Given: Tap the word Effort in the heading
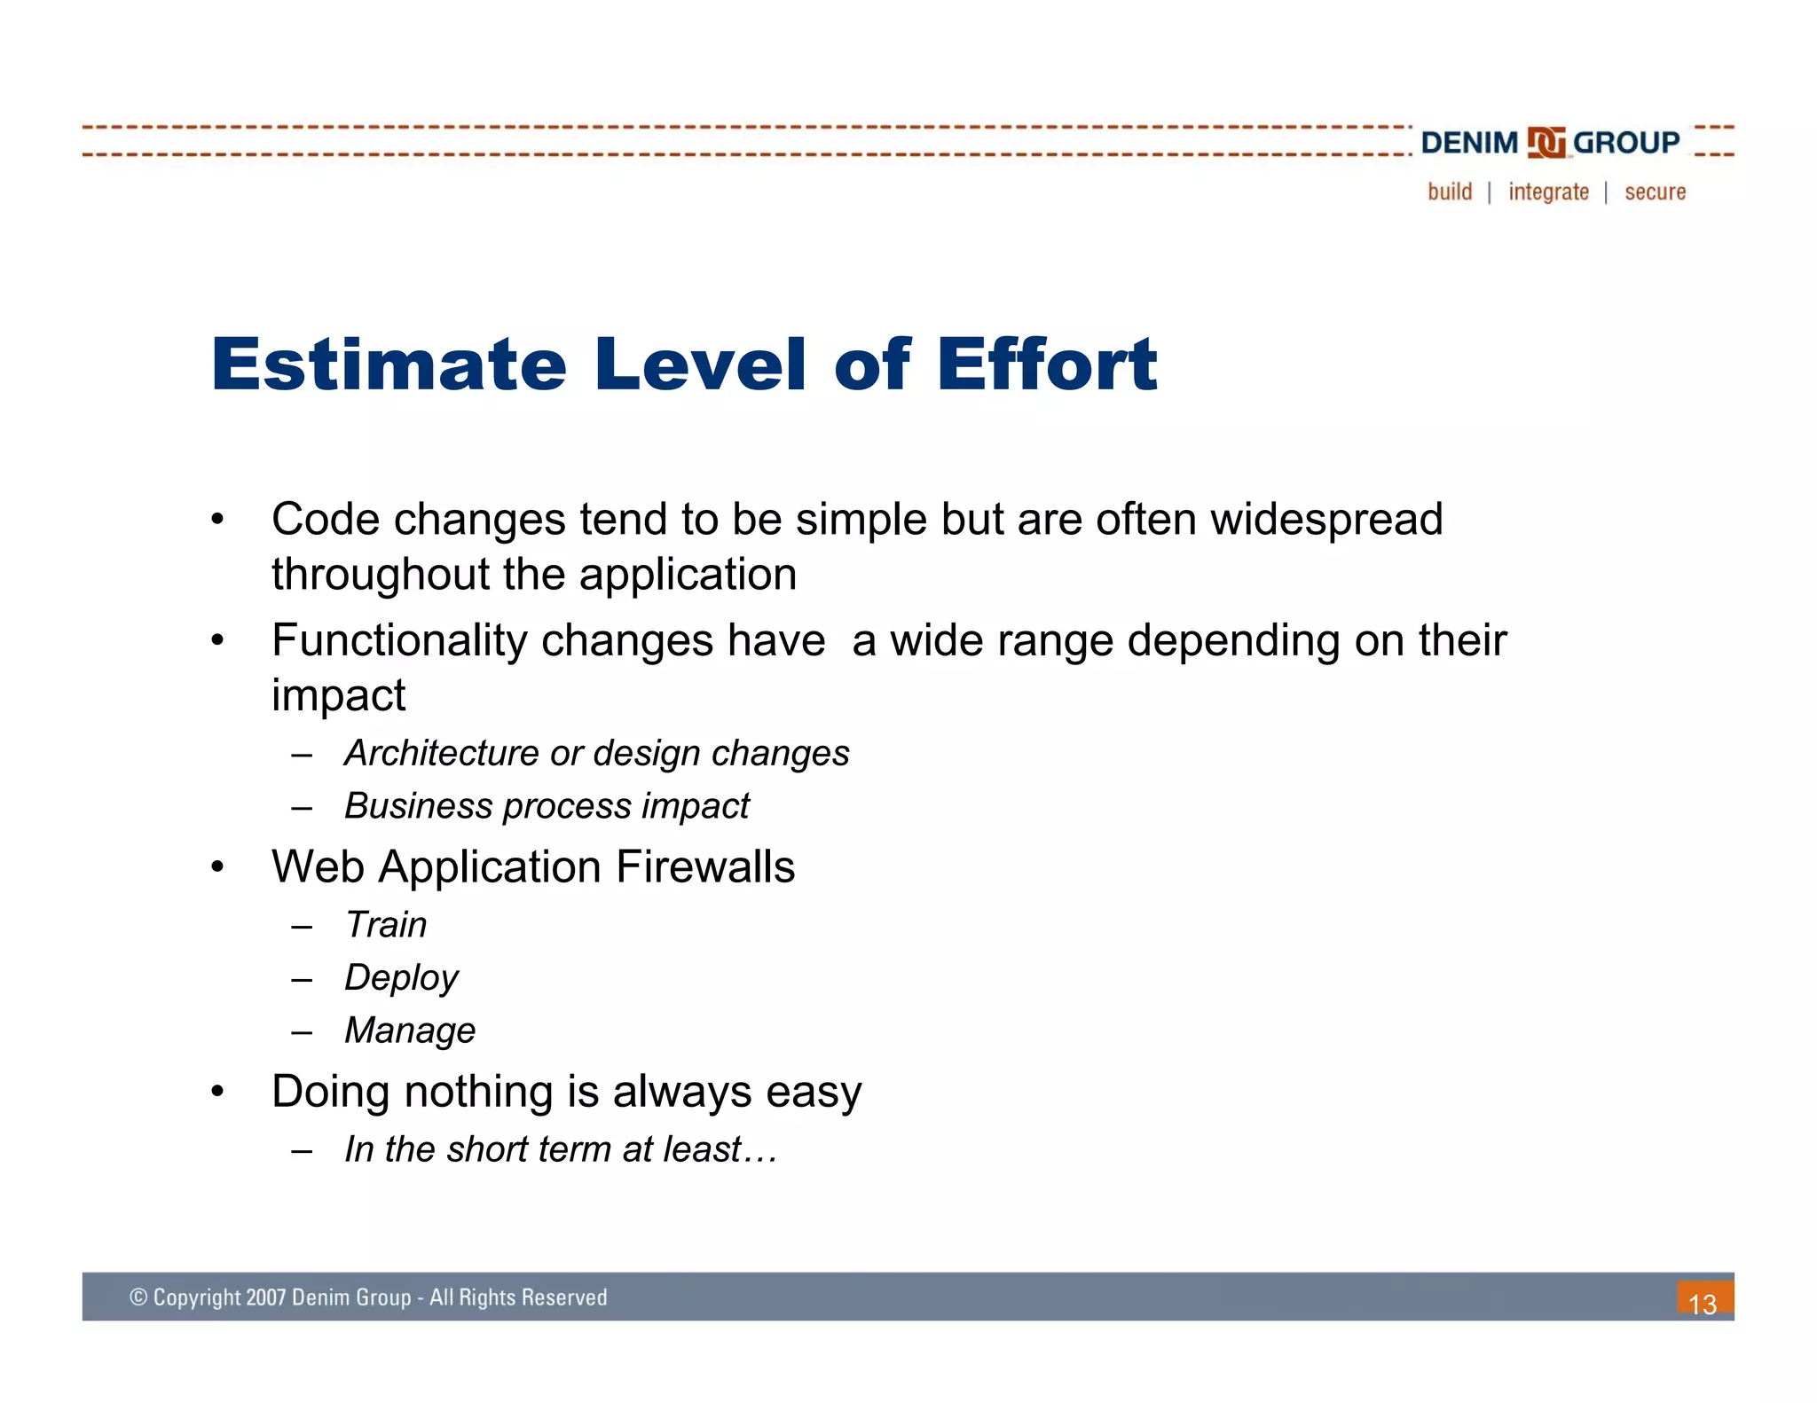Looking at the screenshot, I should click(1047, 364).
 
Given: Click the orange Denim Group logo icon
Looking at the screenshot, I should click(1546, 143).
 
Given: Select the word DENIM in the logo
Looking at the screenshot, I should click(1469, 143).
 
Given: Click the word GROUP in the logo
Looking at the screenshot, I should click(1625, 142).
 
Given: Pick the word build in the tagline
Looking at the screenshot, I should click(1450, 192).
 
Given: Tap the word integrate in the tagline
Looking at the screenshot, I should click(1548, 192).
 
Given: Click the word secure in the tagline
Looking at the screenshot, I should click(1655, 192).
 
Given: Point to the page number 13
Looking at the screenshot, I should click(1703, 1304).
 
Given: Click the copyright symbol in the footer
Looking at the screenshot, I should click(138, 1297).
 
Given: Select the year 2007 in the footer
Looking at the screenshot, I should click(265, 1297).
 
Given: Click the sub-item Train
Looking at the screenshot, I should click(386, 925).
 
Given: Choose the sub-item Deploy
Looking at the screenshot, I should click(401, 977).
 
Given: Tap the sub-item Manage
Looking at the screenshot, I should click(410, 1031).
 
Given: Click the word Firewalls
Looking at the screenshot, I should click(705, 866).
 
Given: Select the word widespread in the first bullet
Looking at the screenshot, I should click(1326, 519).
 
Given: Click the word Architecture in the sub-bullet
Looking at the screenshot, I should click(441, 753).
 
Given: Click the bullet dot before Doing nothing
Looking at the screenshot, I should click(217, 1092).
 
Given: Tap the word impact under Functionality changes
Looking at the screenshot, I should click(338, 694).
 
